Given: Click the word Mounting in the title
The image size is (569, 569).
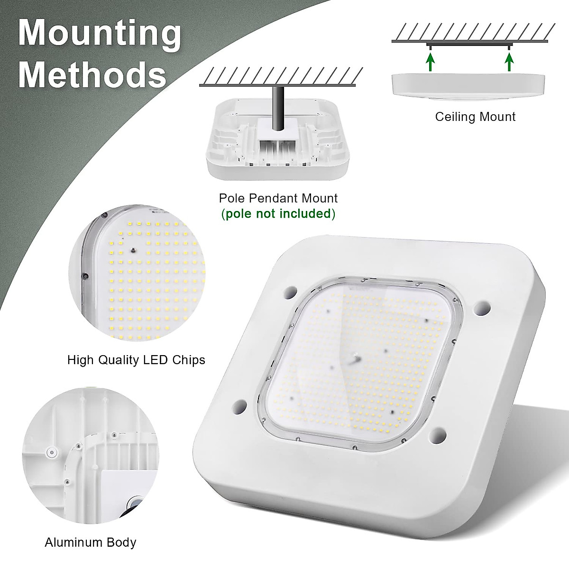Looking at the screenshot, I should click(x=100, y=34).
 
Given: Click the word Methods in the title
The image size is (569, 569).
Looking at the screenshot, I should click(x=92, y=74).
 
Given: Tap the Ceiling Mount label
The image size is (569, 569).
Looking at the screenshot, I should click(x=475, y=117).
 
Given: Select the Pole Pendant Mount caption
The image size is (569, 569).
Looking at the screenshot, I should click(x=278, y=198).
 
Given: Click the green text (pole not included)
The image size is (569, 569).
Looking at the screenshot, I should click(x=278, y=213).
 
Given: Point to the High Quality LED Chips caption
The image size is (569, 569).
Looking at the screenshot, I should click(x=136, y=360).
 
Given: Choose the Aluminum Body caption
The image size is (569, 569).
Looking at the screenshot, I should click(x=91, y=542).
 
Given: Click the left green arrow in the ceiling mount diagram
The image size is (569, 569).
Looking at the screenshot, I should click(x=430, y=62).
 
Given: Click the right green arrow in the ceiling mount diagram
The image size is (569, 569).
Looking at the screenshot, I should click(x=509, y=62).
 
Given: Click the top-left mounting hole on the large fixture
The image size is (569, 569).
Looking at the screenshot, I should click(x=290, y=292).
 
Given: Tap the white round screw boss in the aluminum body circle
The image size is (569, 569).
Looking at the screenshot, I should click(x=49, y=452).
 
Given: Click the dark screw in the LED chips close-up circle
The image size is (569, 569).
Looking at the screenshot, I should click(x=133, y=248).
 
